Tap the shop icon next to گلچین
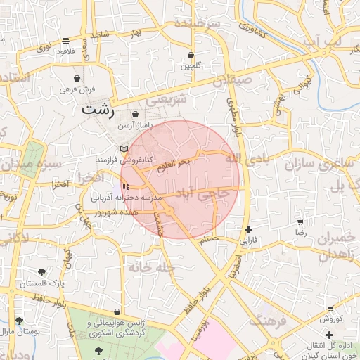pos(191,55)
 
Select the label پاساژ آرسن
pos(134,125)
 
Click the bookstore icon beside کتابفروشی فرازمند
pos(124,149)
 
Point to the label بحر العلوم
pos(174,163)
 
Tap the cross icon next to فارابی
pos(248,229)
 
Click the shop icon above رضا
pos(300,222)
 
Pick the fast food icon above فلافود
pos(65,41)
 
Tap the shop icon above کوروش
pos(330,309)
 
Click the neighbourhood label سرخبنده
pos(198,24)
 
